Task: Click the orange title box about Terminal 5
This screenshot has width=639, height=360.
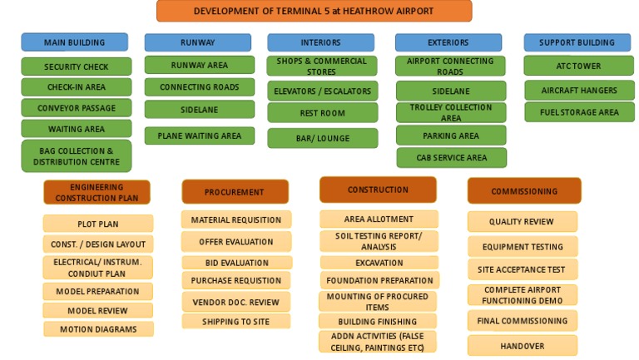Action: [314, 11]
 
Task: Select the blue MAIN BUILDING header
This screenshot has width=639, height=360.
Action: [75, 42]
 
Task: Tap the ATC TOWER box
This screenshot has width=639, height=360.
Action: [578, 66]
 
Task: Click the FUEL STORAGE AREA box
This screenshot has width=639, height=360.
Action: [578, 112]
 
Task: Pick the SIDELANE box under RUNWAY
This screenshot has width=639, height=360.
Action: [199, 110]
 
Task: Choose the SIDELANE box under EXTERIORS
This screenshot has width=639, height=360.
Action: [450, 91]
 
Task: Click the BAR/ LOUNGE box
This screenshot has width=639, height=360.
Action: [322, 139]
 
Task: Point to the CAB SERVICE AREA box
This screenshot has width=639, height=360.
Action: [450, 158]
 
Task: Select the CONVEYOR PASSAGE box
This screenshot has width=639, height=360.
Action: [76, 108]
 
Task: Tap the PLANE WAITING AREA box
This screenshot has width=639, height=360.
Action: [199, 136]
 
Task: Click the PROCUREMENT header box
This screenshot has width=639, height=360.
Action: [235, 192]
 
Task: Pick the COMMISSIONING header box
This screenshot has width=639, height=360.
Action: [523, 191]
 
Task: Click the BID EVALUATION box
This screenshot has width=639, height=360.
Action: [235, 263]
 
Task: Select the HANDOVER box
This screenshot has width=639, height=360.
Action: [522, 346]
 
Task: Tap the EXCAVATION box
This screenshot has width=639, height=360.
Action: [379, 263]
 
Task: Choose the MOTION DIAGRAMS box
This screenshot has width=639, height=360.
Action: [98, 329]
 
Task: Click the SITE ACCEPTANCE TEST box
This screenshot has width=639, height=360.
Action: [522, 269]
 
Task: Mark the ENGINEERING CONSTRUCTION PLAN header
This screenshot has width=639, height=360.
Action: [97, 193]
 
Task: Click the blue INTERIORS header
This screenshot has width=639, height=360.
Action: [320, 42]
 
